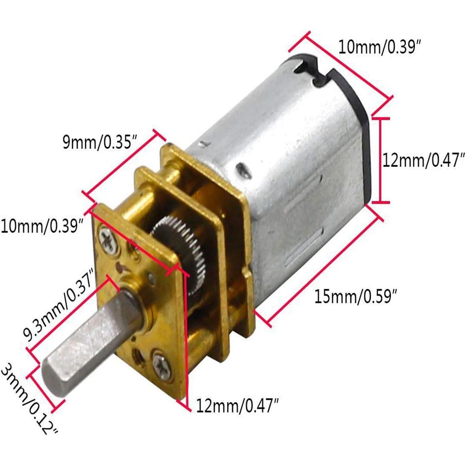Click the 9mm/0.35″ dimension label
pyautogui.click(x=99, y=143)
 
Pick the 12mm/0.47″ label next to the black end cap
pyautogui.click(x=424, y=161)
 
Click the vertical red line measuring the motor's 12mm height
pyautogui.click(x=381, y=159)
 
